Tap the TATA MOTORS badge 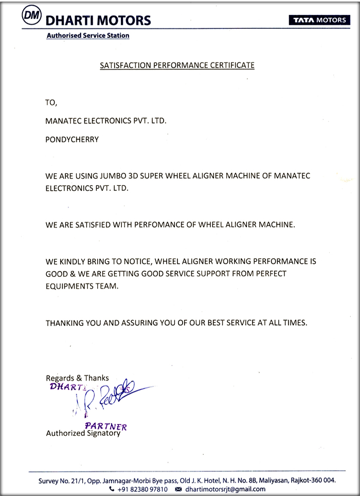pyautogui.click(x=318, y=20)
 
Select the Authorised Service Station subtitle pyautogui.click(x=87, y=36)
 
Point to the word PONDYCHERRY pyautogui.click(x=71, y=139)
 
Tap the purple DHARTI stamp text pyautogui.click(x=65, y=387)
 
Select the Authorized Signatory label pyautogui.click(x=83, y=433)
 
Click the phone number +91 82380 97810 pyautogui.click(x=142, y=488)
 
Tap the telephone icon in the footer pyautogui.click(x=112, y=488)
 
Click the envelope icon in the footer pyautogui.click(x=178, y=488)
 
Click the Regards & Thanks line pyautogui.click(x=77, y=378)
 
